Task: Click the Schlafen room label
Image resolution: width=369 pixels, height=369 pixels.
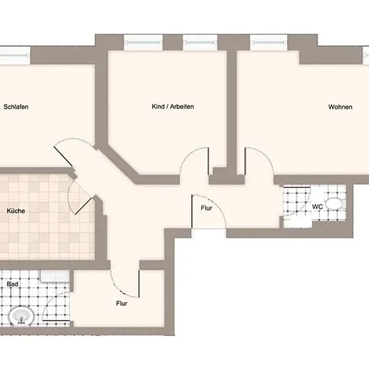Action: (x=16, y=107)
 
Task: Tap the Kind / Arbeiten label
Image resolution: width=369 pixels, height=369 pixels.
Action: (x=172, y=107)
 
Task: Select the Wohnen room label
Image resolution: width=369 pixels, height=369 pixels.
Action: (x=340, y=107)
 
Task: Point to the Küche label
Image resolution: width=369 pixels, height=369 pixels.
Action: (x=16, y=211)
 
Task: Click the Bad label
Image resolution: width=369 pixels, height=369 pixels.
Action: (x=13, y=284)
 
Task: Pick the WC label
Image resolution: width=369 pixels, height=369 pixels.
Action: (x=317, y=207)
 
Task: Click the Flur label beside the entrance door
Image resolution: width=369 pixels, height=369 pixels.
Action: (x=207, y=208)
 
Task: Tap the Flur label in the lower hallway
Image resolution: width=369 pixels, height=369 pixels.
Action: (x=121, y=303)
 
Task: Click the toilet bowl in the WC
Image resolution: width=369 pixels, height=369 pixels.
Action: (x=333, y=203)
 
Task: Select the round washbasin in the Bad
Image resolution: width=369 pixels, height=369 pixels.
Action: (x=21, y=317)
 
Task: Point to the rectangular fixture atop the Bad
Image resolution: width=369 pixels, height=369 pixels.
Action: (x=55, y=276)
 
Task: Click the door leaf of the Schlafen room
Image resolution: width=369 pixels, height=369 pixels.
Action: (x=63, y=156)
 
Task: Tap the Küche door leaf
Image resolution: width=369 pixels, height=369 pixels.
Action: (x=83, y=206)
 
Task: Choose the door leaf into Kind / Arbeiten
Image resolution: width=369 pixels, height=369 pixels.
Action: (x=209, y=161)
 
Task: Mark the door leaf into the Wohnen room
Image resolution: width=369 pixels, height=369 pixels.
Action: (x=245, y=161)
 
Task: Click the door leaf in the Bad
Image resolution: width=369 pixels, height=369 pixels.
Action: (x=56, y=321)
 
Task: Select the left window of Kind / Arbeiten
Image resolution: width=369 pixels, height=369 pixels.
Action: (x=144, y=42)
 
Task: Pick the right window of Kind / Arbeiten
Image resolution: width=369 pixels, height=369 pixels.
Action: (x=200, y=42)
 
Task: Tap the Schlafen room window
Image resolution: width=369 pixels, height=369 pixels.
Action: (x=15, y=56)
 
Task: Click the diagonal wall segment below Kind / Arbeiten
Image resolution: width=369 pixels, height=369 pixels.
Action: (x=121, y=162)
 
